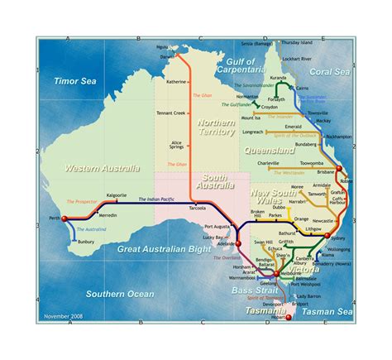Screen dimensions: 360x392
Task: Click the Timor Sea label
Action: [x=76, y=81]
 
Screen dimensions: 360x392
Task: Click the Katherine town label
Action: [x=176, y=82]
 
